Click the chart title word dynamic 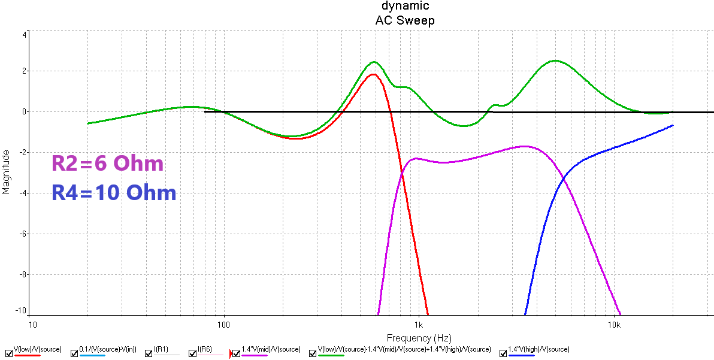(405, 6)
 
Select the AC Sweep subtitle (405, 20)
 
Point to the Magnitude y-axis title (6, 172)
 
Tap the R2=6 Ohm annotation (107, 164)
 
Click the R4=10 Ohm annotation (114, 193)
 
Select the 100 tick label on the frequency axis (224, 325)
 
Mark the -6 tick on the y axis (22, 234)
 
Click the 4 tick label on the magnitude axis (24, 34)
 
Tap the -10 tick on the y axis (20, 311)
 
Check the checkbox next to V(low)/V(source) (8, 353)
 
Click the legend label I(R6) (205, 349)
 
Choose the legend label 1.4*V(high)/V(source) (538, 349)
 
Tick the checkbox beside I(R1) (149, 353)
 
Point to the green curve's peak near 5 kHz (555, 60)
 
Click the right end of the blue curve (673, 125)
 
